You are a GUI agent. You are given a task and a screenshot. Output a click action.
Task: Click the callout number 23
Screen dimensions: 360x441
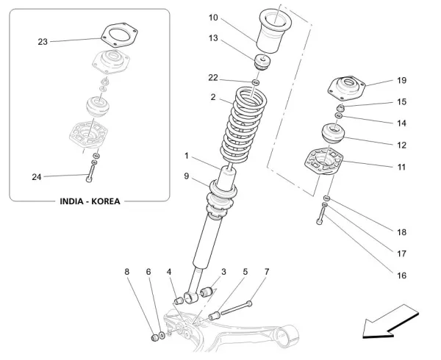(42, 42)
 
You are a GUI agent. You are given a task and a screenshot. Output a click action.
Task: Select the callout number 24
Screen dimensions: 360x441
(36, 176)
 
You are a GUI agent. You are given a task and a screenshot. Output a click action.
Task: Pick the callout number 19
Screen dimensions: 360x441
(402, 80)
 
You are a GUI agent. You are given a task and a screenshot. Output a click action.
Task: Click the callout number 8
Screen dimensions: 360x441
(126, 272)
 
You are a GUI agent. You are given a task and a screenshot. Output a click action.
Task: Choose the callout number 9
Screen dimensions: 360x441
(187, 176)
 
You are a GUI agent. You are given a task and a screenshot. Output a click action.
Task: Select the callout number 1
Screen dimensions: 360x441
(187, 156)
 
